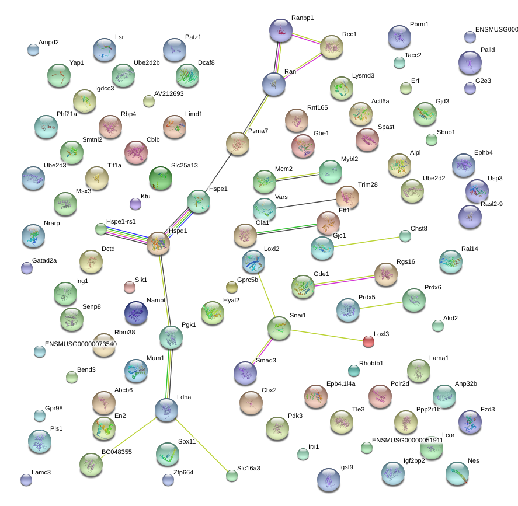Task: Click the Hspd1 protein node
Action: tap(158, 243)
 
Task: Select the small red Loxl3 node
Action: tap(368, 341)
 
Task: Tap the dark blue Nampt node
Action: tap(136, 313)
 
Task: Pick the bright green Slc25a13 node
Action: tap(161, 178)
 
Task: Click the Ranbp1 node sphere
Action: tap(281, 30)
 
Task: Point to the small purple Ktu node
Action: tap(135, 204)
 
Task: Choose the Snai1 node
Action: tap(279, 328)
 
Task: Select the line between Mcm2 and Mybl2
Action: tap(297, 177)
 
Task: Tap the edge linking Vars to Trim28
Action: tap(305, 204)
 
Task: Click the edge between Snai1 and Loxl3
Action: tap(326, 336)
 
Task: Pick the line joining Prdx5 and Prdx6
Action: tap(381, 305)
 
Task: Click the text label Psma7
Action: tap(258, 131)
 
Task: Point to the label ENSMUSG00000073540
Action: tap(81, 344)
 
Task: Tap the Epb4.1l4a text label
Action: tap(341, 383)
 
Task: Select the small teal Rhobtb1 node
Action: tap(354, 371)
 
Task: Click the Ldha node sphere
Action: tap(166, 410)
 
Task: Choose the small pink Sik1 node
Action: tap(130, 287)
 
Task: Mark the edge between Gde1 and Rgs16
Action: tap(344, 281)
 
